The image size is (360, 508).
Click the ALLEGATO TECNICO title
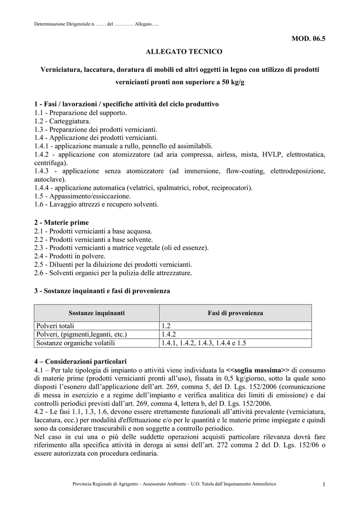click(180, 51)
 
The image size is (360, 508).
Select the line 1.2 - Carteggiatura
click(63, 121)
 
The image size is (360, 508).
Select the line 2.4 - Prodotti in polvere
click(70, 256)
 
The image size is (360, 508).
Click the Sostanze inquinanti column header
click(96, 313)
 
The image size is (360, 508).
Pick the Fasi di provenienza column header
click(235, 313)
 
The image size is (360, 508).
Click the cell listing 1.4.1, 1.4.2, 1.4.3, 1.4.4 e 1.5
click(204, 343)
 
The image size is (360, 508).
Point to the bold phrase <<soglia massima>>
click(258, 370)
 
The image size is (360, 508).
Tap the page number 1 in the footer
click(323, 484)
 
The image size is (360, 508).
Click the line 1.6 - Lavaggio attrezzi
click(97, 204)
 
